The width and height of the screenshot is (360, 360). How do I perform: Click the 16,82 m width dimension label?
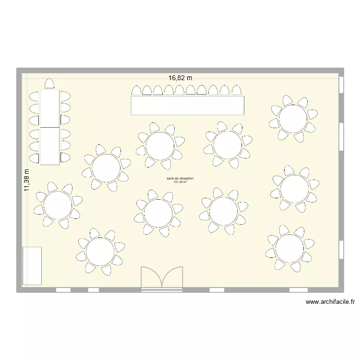click(x=180, y=77)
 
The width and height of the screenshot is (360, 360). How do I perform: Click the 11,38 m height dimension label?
click(x=27, y=180)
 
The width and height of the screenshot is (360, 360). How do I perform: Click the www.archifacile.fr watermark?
click(x=330, y=302)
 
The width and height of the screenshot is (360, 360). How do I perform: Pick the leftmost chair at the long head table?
click(x=137, y=91)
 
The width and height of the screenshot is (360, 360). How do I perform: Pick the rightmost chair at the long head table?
click(x=237, y=91)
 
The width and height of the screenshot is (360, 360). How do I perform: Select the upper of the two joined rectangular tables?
click(x=49, y=108)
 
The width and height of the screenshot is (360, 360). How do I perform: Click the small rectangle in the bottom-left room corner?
click(x=32, y=265)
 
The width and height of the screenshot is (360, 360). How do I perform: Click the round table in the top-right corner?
click(x=293, y=119)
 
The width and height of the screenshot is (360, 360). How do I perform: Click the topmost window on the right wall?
click(x=341, y=84)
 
